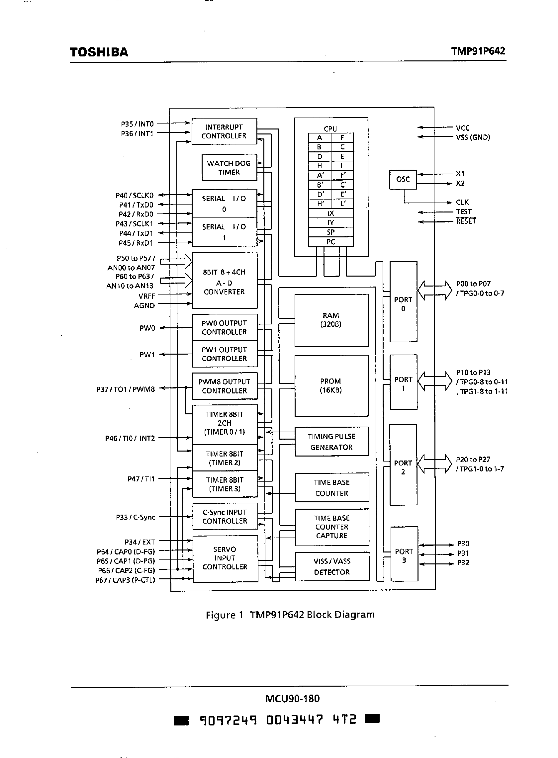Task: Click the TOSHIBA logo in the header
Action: tap(99, 52)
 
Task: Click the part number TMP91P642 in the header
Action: tap(478, 51)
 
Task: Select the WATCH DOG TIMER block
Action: tap(229, 167)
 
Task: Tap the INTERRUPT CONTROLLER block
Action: tap(224, 131)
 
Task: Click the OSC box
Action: tap(403, 179)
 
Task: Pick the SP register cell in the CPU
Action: tap(330, 232)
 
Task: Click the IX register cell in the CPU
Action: tap(330, 213)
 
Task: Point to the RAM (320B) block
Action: tap(331, 320)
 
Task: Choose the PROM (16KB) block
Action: tap(331, 385)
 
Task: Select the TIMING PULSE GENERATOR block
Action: tap(331, 442)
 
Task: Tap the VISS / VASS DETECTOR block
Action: tap(332, 566)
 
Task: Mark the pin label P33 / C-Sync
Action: tap(135, 517)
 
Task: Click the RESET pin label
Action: tap(466, 221)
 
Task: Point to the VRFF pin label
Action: tap(146, 296)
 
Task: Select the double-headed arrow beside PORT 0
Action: tap(434, 290)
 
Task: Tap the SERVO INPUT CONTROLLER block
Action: tap(225, 558)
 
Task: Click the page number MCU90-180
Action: tap(292, 698)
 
